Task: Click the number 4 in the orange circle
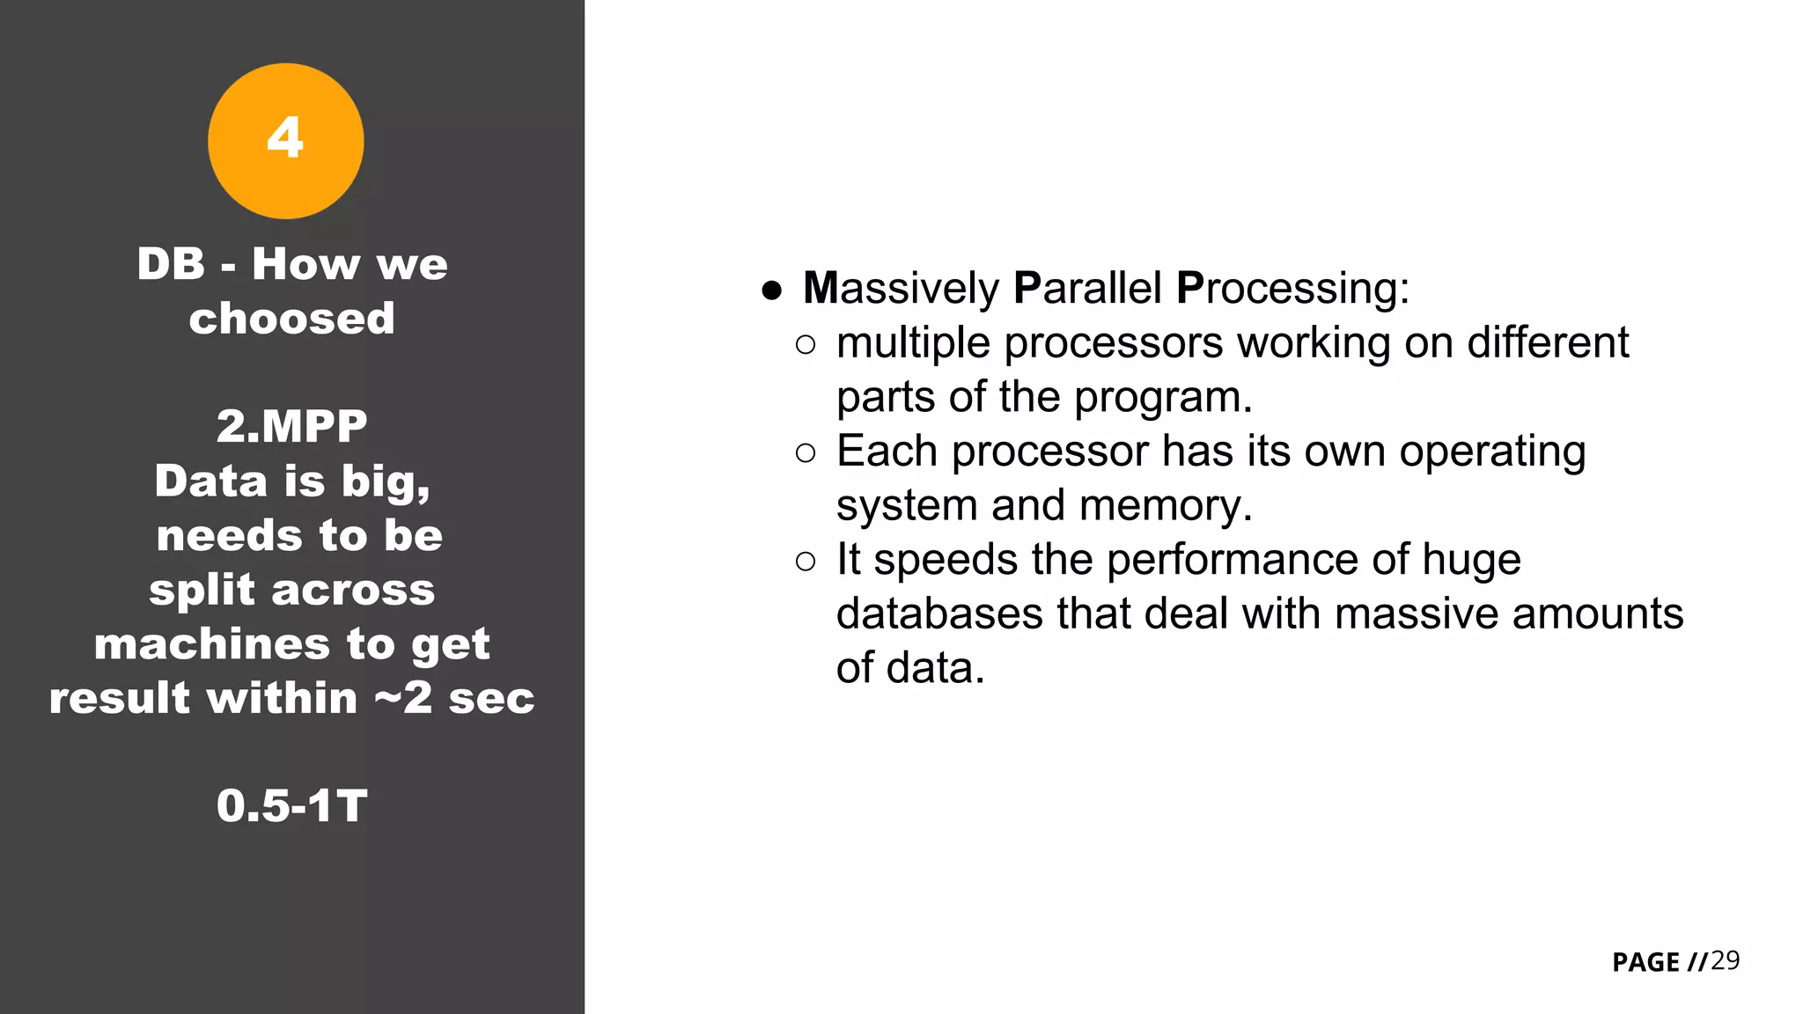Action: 285,138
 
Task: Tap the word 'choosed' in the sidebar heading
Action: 291,319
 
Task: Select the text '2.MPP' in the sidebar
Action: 291,427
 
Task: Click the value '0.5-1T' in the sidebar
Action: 291,806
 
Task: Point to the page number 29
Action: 1725,960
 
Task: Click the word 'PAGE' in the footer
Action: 1645,962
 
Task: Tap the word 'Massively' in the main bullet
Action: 901,289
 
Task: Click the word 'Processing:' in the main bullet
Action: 1292,289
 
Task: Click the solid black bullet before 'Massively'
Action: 772,290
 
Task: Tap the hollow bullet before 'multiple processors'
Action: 805,345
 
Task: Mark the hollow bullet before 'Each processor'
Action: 805,453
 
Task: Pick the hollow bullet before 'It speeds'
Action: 805,562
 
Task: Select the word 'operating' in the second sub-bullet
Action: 1492,452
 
